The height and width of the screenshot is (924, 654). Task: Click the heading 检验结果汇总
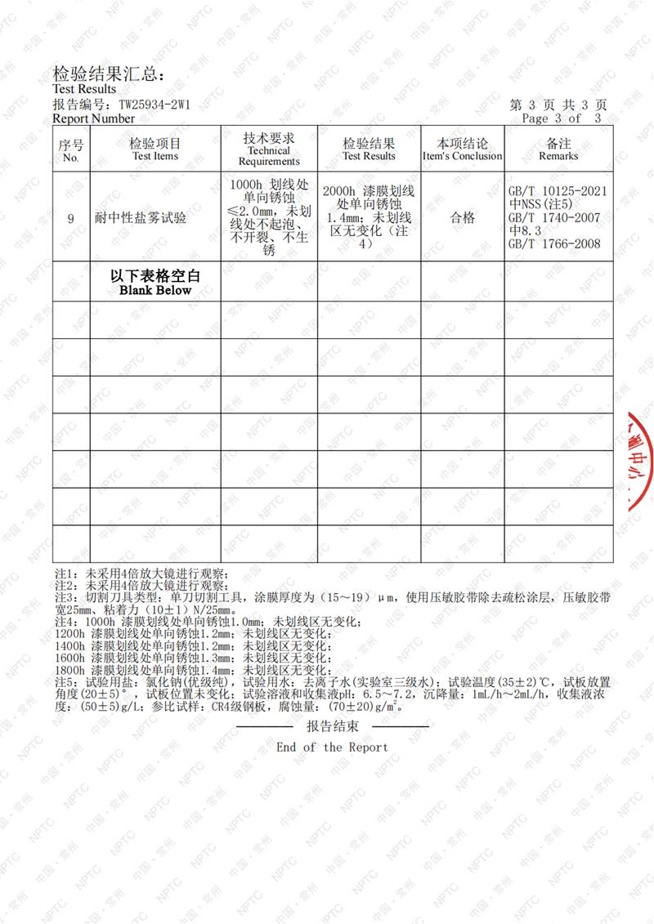108,74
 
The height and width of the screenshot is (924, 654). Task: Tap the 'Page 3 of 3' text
564,118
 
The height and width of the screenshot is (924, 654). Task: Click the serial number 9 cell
71,218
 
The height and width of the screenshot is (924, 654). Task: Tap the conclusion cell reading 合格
463,218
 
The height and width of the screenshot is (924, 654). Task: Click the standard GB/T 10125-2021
558,191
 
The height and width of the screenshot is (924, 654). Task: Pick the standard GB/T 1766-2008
554,243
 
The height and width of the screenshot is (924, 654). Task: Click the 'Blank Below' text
155,290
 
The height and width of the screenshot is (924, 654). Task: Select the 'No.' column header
71,158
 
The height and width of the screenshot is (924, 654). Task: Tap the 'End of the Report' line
332,747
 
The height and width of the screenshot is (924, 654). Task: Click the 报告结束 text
332,726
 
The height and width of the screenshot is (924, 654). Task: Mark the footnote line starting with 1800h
192,670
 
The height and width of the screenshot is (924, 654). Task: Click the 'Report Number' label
94,118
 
